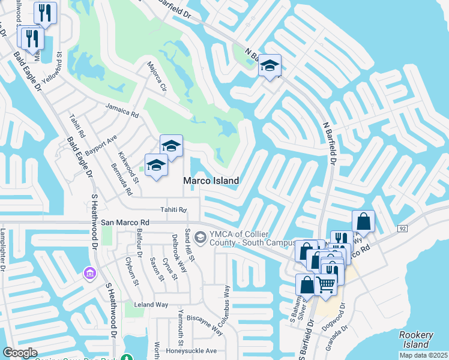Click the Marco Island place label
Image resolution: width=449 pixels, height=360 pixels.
[211, 181]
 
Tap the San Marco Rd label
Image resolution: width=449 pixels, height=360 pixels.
[125, 221]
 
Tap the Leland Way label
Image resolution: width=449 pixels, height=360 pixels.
[151, 305]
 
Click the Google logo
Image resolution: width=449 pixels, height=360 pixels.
[20, 353]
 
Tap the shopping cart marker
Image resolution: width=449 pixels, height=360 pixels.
[325, 284]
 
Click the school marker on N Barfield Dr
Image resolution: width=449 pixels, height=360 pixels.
[270, 65]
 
